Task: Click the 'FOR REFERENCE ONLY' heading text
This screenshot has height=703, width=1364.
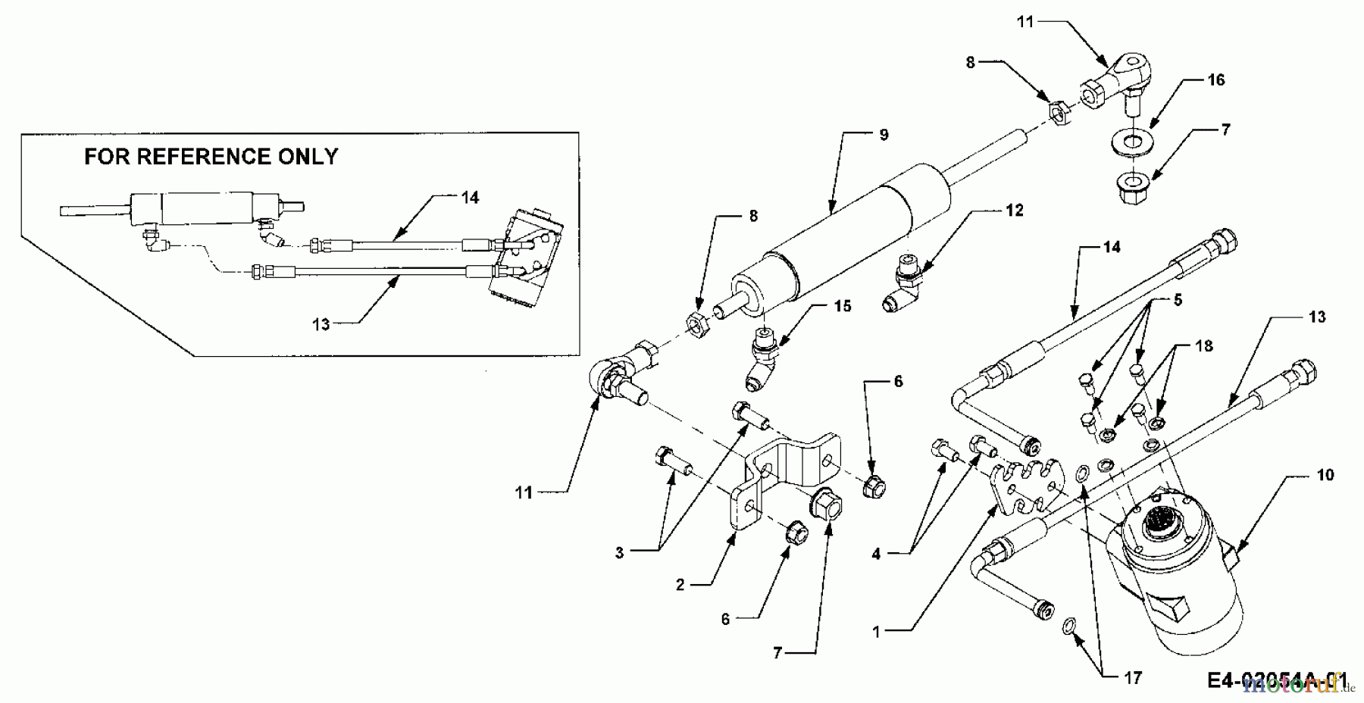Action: pos(211,157)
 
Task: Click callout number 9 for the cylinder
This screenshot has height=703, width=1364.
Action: pos(884,135)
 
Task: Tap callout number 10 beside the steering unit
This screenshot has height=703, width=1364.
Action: pos(1325,475)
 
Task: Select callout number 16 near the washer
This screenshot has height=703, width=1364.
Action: pos(1215,80)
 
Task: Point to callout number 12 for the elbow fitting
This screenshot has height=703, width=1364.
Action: pos(1014,210)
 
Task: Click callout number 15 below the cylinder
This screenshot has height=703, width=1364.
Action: pos(842,306)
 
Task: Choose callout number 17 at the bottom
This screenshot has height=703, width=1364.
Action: pos(1132,678)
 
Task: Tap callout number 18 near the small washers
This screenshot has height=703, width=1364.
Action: pos(1203,346)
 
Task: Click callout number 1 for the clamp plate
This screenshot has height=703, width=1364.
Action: pos(877,631)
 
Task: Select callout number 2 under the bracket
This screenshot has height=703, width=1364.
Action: pos(680,585)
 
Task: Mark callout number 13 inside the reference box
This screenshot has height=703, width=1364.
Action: pos(321,324)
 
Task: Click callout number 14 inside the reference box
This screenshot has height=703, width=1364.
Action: pos(470,198)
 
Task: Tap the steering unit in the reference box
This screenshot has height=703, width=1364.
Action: pos(527,258)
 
